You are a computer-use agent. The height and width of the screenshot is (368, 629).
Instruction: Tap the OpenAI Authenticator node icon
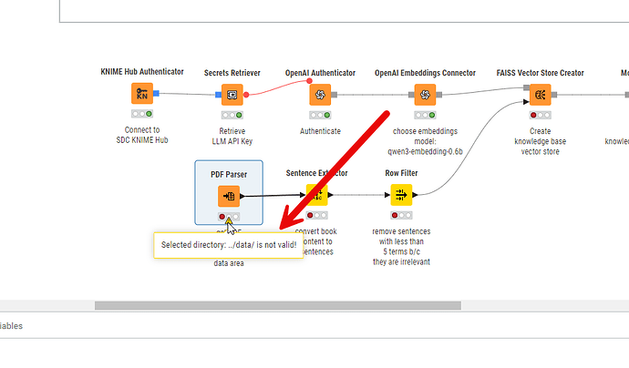(320, 94)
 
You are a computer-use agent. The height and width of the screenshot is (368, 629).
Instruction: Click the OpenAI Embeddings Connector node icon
(424, 94)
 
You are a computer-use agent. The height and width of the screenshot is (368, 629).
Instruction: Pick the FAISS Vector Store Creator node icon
(540, 94)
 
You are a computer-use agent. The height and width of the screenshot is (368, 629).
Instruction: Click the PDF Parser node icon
(229, 195)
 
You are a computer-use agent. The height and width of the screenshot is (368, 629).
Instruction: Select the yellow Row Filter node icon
(402, 195)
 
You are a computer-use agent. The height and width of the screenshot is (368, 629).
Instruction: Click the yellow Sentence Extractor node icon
(314, 195)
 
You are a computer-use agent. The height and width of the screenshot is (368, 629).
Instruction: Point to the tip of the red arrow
(281, 230)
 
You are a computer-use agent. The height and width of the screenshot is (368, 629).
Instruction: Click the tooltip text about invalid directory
(229, 244)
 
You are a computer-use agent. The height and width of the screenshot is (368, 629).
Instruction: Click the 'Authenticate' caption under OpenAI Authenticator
(320, 130)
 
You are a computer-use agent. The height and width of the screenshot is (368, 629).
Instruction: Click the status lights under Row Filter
(402, 215)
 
